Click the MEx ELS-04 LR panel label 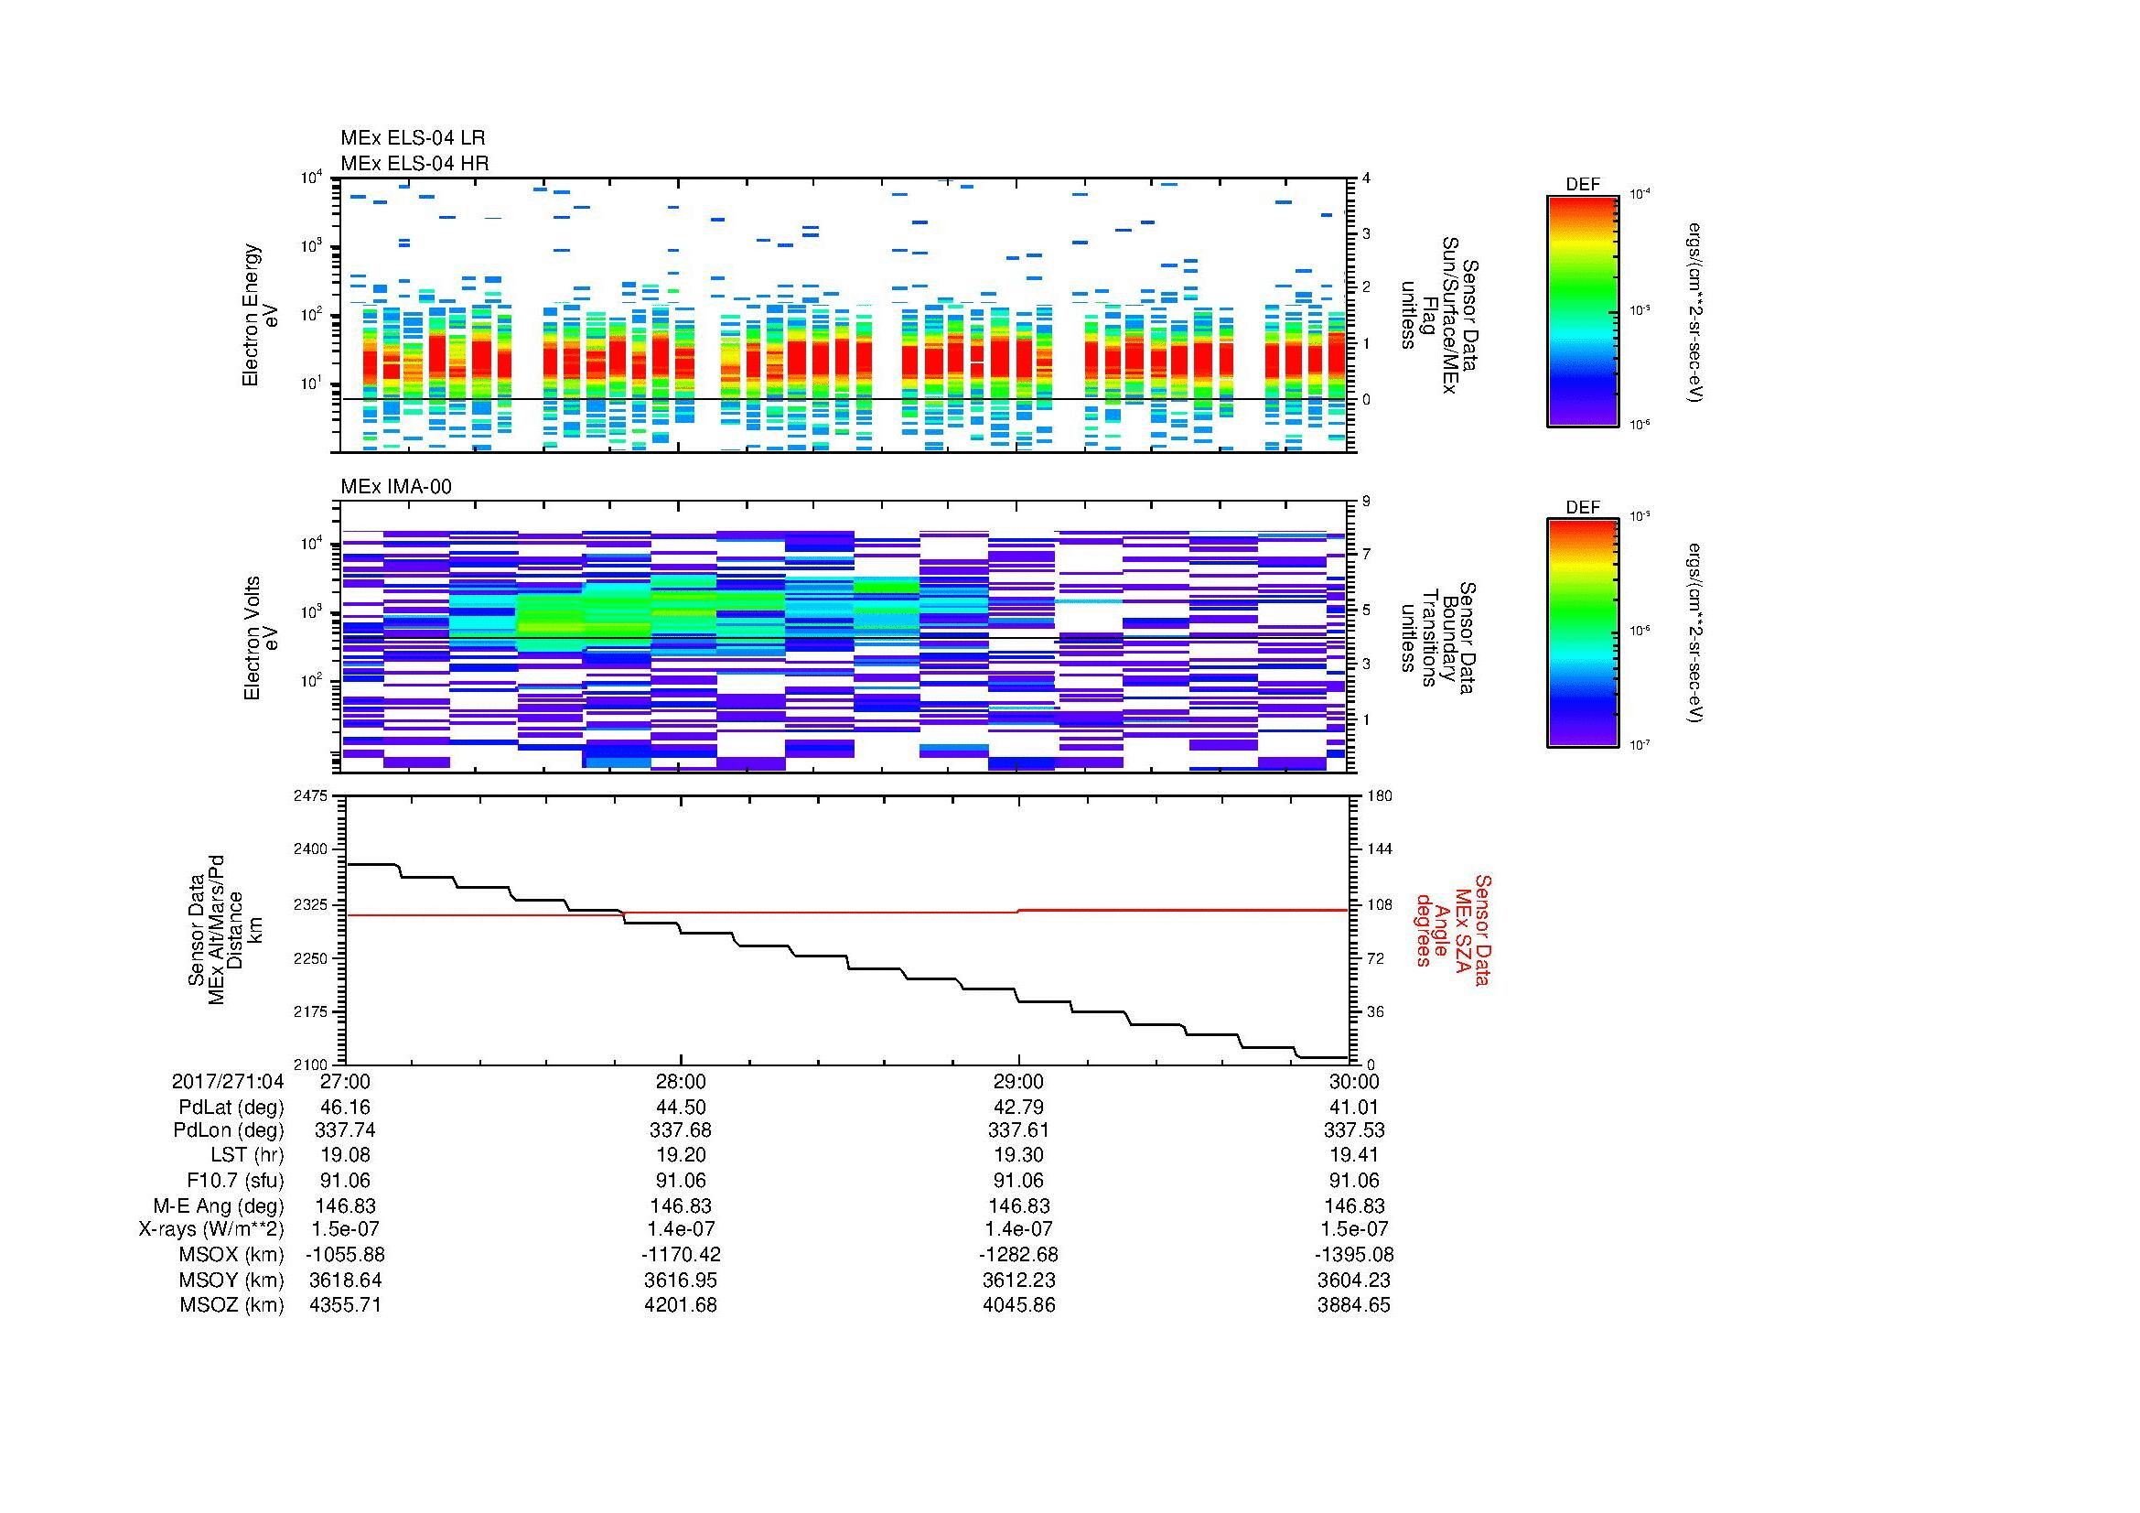(413, 138)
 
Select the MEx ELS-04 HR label (414, 163)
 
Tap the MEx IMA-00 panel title (396, 487)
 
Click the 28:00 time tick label (682, 1081)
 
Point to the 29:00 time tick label (1018, 1081)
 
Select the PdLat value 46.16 (345, 1107)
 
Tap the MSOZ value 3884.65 (1353, 1305)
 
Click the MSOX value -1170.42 (681, 1255)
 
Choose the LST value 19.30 (1018, 1155)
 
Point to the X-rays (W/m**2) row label (210, 1229)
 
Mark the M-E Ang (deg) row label (225, 1205)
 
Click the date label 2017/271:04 (228, 1081)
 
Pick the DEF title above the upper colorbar (1583, 185)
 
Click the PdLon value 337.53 (1353, 1130)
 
